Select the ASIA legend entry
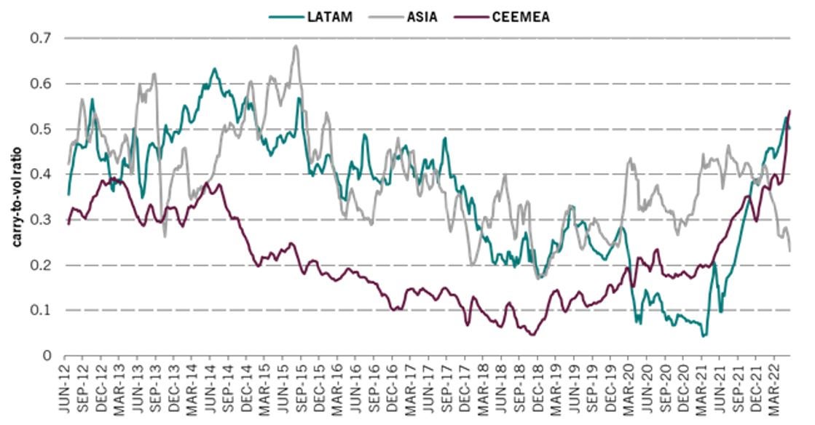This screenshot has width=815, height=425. coord(422,15)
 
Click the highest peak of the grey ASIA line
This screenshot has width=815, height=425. coord(296,46)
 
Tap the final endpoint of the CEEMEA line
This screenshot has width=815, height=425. coord(790,111)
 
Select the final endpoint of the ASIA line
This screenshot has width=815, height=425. coord(790,251)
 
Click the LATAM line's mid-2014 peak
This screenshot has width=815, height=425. coord(214,69)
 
